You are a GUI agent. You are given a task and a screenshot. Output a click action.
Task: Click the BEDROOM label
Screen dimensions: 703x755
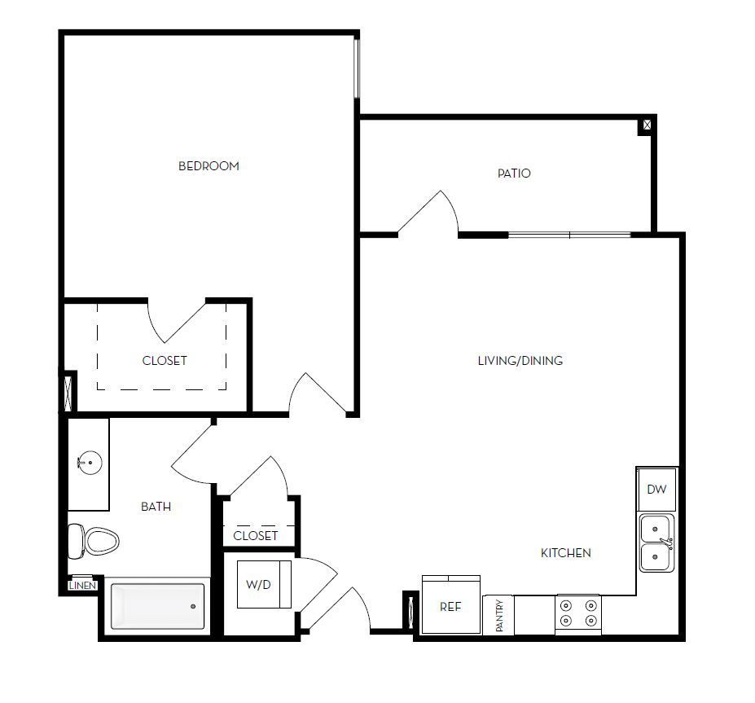[x=209, y=166]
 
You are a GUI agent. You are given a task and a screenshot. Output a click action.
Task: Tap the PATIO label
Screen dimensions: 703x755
[x=514, y=174]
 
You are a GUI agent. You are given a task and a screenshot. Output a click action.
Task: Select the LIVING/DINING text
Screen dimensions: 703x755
[x=520, y=360]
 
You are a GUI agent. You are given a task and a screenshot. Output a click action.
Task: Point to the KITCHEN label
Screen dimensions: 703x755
[x=566, y=553]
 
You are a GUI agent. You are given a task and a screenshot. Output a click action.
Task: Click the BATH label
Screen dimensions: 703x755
[x=156, y=507]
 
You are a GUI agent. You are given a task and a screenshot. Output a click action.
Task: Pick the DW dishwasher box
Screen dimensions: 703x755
[x=656, y=490]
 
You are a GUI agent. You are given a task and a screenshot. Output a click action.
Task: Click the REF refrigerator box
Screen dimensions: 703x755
[x=450, y=606]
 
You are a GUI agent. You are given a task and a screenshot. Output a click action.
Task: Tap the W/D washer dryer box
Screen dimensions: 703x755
[x=258, y=584]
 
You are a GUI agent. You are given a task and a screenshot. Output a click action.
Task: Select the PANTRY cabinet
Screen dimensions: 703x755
[x=499, y=615]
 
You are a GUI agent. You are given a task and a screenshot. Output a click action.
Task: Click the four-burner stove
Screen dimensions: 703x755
[x=578, y=614]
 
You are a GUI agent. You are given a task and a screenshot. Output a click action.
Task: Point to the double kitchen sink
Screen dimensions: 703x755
[x=656, y=543]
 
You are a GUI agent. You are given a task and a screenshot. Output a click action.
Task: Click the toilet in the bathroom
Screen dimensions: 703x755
[x=94, y=540]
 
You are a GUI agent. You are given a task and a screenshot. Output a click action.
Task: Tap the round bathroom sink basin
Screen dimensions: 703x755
[x=90, y=464]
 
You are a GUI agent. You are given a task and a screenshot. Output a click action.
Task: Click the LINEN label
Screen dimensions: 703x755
[x=83, y=586]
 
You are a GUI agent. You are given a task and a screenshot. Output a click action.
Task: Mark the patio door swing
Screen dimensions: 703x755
[x=430, y=213]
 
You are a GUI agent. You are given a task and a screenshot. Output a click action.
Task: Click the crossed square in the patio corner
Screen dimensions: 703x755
[x=647, y=125]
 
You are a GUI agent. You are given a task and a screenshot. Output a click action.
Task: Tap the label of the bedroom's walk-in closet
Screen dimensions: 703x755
[x=165, y=360]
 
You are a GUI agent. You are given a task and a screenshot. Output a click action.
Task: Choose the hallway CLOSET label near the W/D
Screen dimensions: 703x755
[x=256, y=535]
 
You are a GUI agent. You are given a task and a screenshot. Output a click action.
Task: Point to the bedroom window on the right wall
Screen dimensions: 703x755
[x=357, y=68]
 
